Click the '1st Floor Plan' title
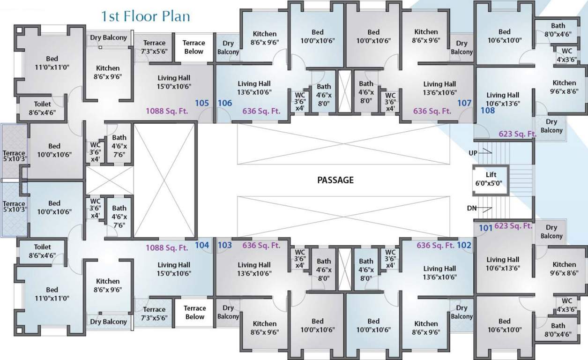146,16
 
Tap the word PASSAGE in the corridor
335,180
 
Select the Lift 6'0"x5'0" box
491,179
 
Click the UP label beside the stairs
473,153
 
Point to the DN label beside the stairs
473,208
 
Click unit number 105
202,103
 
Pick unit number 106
225,103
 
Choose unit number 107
464,103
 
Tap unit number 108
488,111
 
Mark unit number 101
485,228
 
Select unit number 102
464,245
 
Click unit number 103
225,245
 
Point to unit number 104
202,245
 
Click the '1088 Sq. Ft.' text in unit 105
166,111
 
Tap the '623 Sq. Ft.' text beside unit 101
513,226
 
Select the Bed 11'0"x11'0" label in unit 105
52,63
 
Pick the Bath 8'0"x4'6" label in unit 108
558,30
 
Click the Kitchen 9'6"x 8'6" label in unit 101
564,268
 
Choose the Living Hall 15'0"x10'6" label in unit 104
174,269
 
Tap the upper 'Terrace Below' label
194,47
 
